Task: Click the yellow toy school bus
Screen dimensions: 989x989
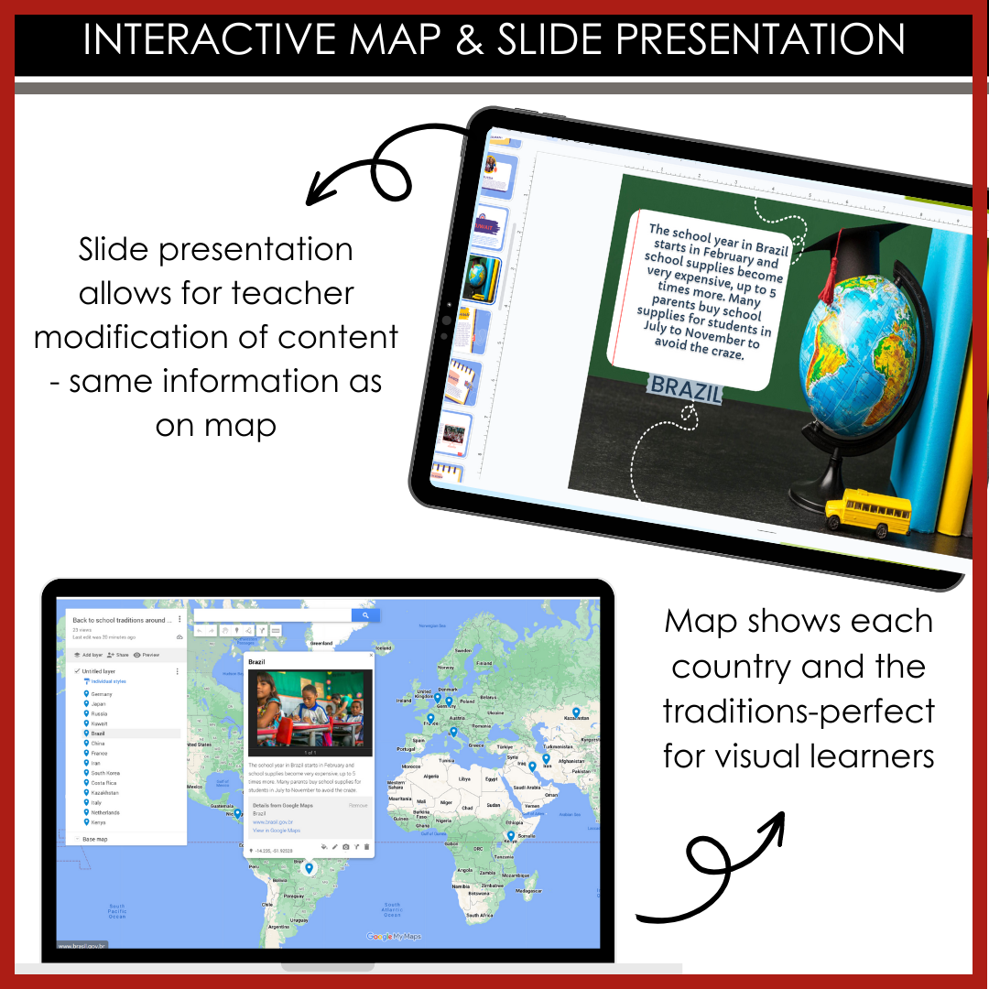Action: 866,509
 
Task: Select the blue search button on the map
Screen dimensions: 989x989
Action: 365,615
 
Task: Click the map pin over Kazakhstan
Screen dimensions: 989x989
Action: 576,712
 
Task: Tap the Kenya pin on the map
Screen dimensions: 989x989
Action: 511,835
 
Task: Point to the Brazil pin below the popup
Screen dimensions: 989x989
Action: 310,867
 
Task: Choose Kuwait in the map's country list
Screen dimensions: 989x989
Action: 99,723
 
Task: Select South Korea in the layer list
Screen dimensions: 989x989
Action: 105,773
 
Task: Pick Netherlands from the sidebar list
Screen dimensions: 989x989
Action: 104,812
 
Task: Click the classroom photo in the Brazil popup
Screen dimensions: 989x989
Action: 310,708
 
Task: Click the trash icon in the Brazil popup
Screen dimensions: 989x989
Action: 367,847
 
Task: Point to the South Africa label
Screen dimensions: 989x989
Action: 480,915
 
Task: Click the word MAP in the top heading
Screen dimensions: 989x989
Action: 404,39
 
